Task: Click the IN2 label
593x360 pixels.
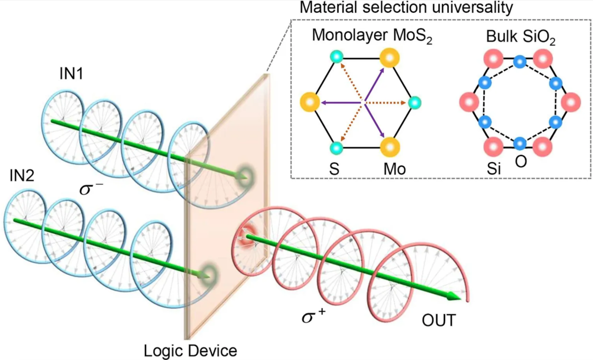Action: [x=20, y=176]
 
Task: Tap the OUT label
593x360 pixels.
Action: [x=439, y=321]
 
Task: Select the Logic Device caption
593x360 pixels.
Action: [x=191, y=351]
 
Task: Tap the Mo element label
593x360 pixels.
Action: [x=395, y=169]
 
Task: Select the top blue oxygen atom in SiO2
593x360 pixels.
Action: [x=519, y=62]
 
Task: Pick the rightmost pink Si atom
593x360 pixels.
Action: [x=572, y=103]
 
